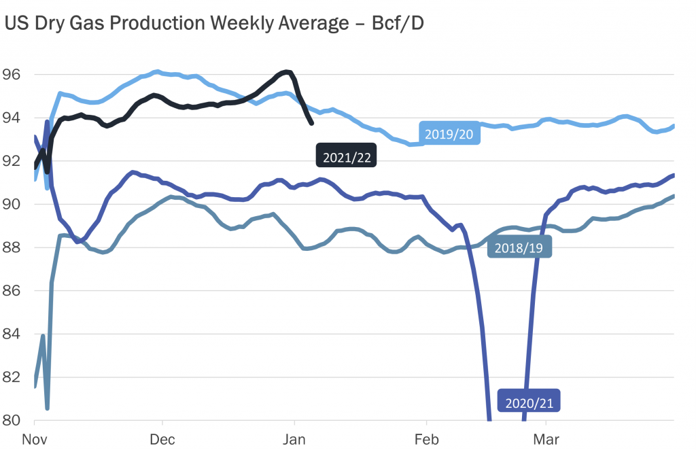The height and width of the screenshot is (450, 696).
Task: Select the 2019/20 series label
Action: (449, 134)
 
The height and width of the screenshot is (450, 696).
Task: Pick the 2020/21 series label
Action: (529, 402)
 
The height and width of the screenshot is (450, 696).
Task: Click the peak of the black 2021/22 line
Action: (287, 71)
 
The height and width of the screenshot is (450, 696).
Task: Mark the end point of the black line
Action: (311, 123)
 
